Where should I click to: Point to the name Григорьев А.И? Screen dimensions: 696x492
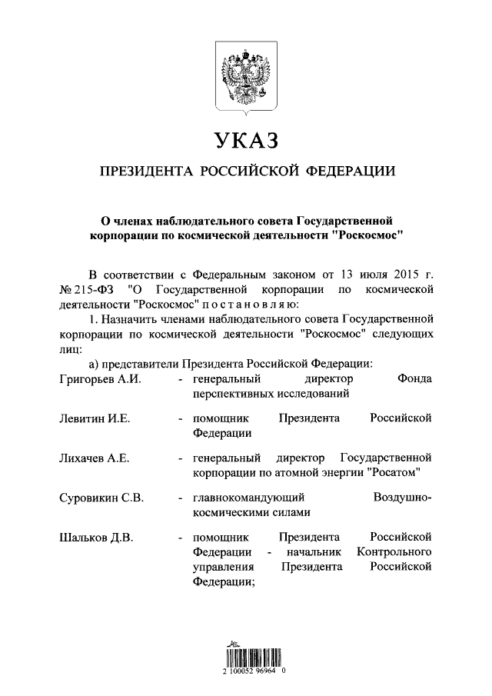coord(100,379)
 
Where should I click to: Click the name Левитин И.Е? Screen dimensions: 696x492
coord(94,418)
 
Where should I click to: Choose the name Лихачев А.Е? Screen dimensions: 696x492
coord(94,458)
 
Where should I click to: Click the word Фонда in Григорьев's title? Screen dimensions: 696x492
coord(414,379)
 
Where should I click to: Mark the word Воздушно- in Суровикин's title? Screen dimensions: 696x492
coord(402,497)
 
